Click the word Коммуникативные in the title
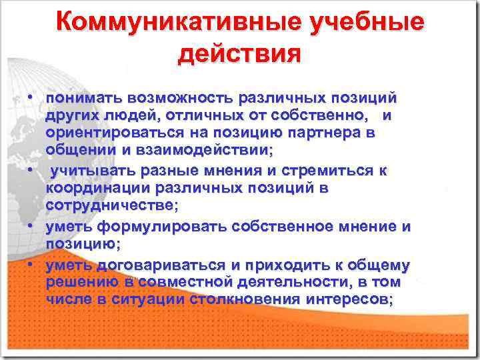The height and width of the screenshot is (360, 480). point(177,23)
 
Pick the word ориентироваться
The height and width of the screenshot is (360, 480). point(112,134)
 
